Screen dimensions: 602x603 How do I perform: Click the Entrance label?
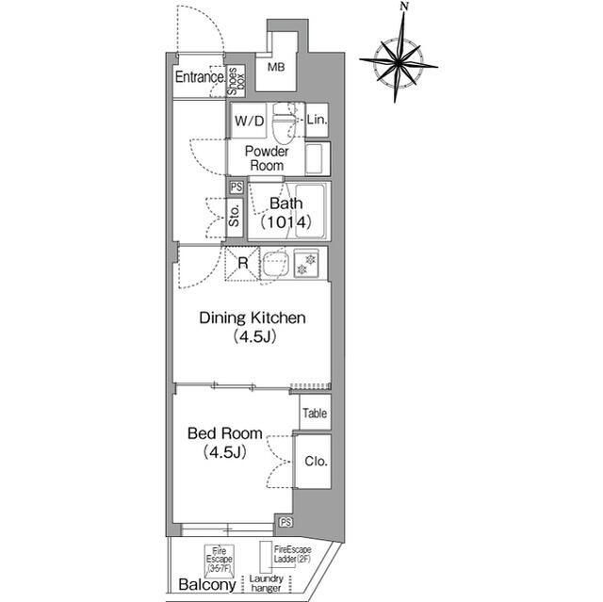(199, 78)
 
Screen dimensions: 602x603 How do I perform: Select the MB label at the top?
(275, 68)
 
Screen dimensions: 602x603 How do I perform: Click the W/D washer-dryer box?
(250, 121)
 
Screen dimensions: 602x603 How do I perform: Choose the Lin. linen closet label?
(317, 121)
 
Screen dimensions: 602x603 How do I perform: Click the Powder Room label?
(267, 158)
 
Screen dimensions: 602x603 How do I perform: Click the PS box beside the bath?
(236, 187)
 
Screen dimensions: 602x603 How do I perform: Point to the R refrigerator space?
(242, 264)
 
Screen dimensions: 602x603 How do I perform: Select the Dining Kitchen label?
(252, 327)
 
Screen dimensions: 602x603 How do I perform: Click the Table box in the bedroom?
(315, 413)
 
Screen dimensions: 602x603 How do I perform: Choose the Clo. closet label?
(315, 462)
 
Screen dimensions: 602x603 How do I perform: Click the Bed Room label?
(223, 443)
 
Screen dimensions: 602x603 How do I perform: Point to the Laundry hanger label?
(266, 584)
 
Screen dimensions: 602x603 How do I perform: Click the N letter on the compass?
(403, 8)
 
